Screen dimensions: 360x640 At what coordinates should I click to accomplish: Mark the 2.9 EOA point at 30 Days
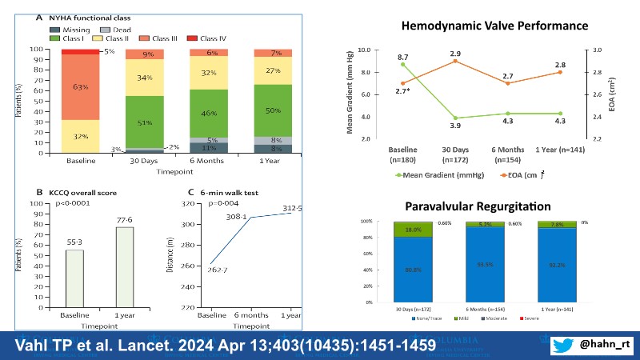[454, 61]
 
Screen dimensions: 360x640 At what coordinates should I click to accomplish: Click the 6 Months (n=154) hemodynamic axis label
[508, 155]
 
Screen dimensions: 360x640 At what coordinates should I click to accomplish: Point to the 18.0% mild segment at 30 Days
[414, 229]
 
